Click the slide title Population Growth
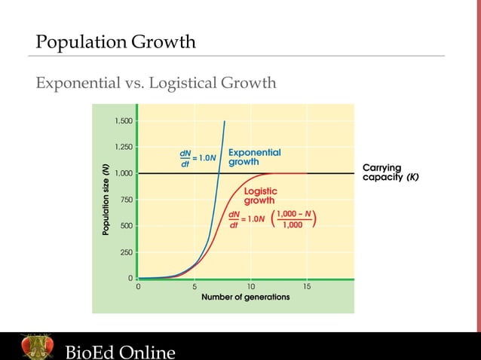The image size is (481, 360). (116, 41)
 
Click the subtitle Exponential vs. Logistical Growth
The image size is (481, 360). (156, 81)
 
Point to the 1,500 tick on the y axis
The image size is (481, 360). (124, 121)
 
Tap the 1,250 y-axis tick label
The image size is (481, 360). (124, 147)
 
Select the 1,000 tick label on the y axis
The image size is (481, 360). (124, 173)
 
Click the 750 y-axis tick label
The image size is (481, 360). (126, 200)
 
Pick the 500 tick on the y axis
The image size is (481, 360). (126, 226)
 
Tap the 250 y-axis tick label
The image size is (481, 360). (126, 252)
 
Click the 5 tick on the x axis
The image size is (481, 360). (195, 287)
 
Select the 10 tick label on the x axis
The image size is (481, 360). (250, 287)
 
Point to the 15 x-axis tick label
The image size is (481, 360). (307, 287)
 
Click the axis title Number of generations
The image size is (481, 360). (245, 297)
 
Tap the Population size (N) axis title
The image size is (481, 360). (107, 200)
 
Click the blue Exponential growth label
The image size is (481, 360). (254, 157)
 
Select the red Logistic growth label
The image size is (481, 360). (259, 196)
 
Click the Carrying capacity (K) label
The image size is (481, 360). (391, 172)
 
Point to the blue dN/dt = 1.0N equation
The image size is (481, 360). (198, 158)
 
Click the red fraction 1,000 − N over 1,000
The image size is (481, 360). (295, 218)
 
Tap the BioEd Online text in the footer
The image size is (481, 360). (120, 352)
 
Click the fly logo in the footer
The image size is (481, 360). (36, 347)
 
